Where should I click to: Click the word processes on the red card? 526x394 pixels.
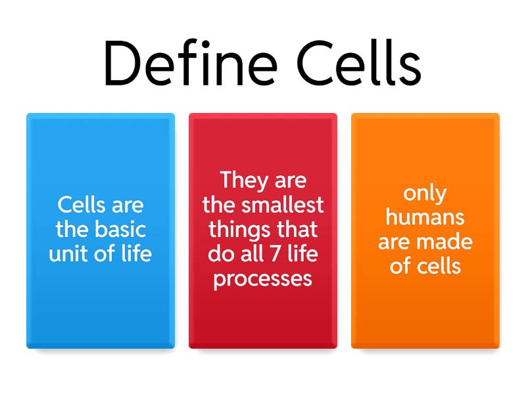tap(263, 278)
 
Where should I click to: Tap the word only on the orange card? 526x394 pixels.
tap(425, 193)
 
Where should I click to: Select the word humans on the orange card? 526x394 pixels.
tap(425, 217)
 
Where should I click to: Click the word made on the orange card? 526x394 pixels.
tap(448, 242)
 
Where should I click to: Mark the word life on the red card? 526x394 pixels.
tap(299, 253)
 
